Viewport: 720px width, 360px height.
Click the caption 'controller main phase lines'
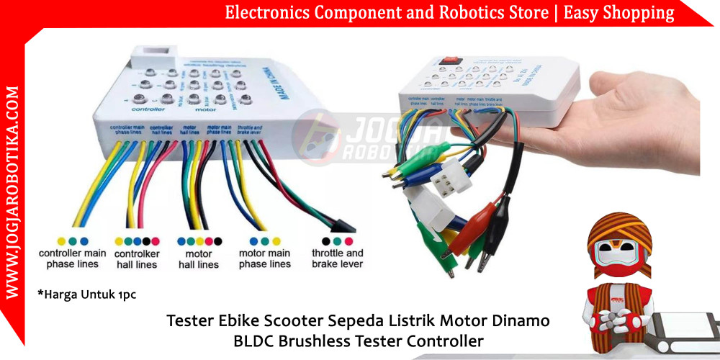coord(73,258)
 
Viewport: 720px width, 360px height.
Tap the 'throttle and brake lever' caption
coord(338,258)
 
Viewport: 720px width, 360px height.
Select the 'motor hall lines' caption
coord(199,258)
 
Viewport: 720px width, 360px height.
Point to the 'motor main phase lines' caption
coord(265,258)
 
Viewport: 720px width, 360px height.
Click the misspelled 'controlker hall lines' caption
coord(137,258)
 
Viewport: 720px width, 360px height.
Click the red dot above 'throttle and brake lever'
coord(349,240)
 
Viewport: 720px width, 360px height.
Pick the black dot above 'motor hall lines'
coord(218,240)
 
